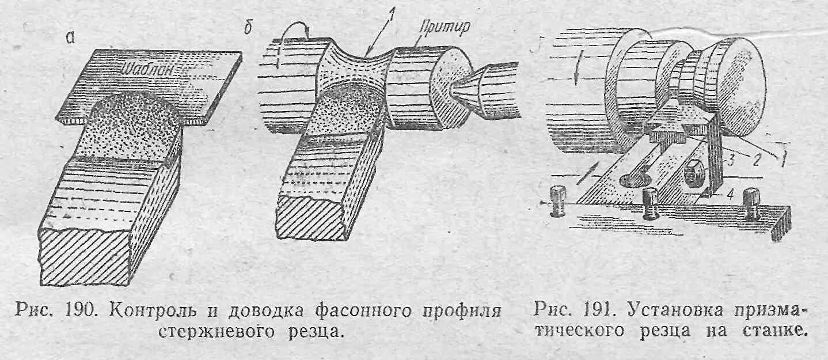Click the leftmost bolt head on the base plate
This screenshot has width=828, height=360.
[x=557, y=198]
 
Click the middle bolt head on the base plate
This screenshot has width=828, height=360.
[x=652, y=203]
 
